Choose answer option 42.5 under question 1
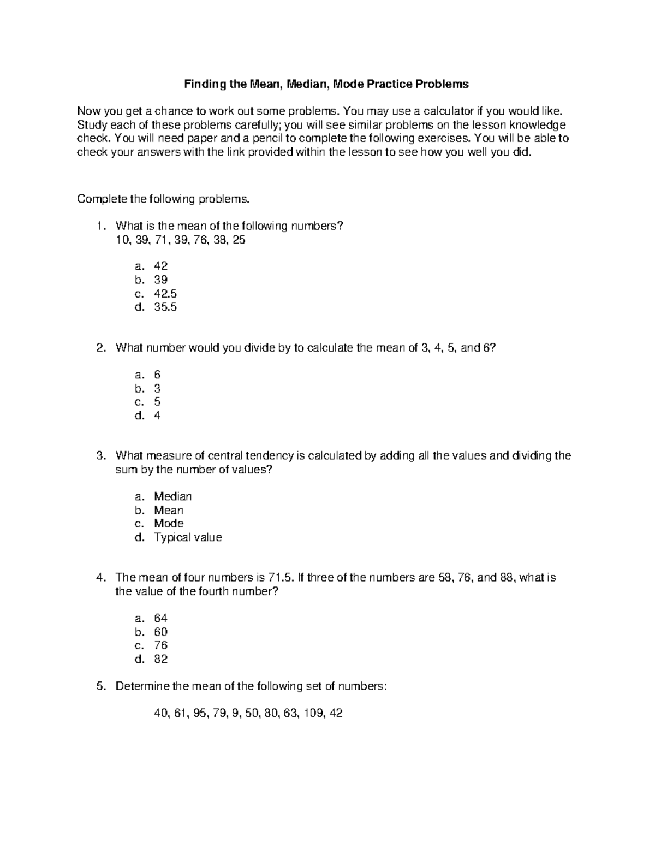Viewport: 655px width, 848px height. coord(165,293)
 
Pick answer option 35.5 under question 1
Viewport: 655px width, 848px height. coord(165,307)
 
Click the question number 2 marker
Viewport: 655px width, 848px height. coord(100,348)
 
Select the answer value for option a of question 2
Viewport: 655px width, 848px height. coord(157,375)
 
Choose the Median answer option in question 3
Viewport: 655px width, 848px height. coord(173,496)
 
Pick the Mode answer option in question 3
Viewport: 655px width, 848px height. coord(169,524)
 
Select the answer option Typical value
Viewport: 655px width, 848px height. coord(188,537)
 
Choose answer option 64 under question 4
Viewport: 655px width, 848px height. coord(160,618)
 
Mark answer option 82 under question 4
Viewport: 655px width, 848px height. coord(160,659)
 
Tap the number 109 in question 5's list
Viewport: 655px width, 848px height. coord(313,713)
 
